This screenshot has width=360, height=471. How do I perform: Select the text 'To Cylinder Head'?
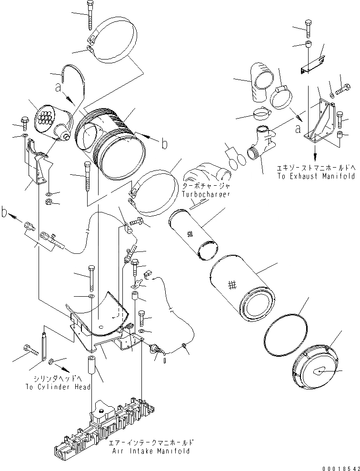point(58,387)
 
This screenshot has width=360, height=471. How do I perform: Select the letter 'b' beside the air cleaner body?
point(164,143)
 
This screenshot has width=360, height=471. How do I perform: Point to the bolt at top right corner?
point(308,28)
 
